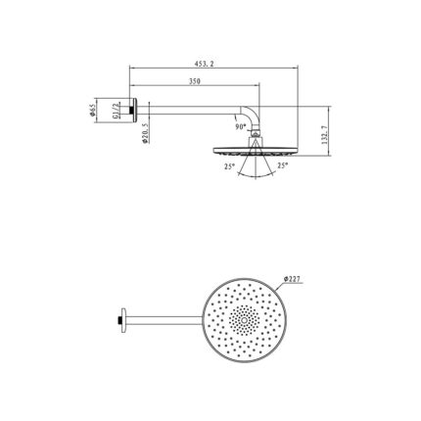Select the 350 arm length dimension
pos(194,82)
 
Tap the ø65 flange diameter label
pos(91,111)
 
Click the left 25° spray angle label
pos(228,167)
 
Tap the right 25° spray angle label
pos(282,167)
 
